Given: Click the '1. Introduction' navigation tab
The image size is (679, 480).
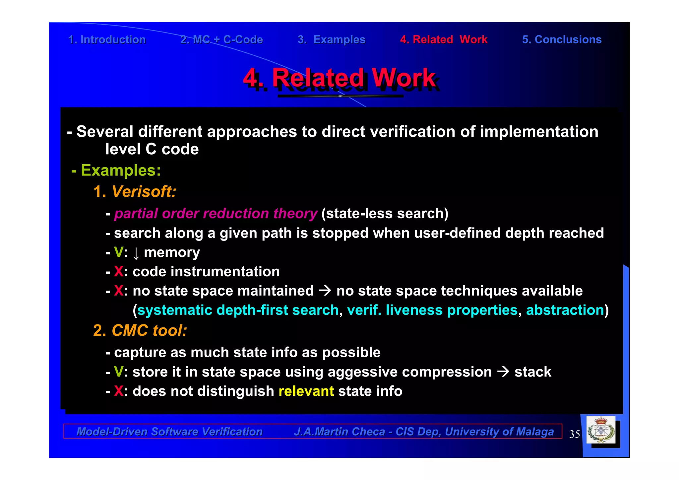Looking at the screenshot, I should (107, 39).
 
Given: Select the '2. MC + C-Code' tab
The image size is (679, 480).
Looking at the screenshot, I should (221, 39).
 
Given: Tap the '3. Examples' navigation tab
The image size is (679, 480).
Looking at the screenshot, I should (331, 39).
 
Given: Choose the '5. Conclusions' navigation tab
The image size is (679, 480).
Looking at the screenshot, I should (562, 39).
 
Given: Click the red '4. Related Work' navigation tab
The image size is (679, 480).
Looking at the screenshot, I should (444, 39).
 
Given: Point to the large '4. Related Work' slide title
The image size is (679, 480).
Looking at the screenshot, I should (339, 78).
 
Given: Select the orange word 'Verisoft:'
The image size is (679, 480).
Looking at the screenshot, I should (144, 192).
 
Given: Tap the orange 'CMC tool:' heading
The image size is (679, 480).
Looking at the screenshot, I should (149, 331).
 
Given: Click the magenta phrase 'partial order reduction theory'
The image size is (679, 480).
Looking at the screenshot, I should (216, 214).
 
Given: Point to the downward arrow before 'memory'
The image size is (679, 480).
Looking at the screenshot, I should (136, 254).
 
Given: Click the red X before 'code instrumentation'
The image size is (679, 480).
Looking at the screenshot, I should (119, 272).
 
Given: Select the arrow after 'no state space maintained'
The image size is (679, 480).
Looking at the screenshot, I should (325, 291).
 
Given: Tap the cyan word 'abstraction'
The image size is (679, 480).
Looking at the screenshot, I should (565, 310).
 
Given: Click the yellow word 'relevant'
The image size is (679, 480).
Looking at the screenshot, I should (306, 391).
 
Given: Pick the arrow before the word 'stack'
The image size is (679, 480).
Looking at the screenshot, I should (503, 372).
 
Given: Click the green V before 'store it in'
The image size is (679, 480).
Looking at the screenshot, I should (118, 372).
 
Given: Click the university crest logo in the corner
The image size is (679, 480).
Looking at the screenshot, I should (601, 430).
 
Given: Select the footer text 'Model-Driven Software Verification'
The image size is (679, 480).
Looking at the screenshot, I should (169, 432).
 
